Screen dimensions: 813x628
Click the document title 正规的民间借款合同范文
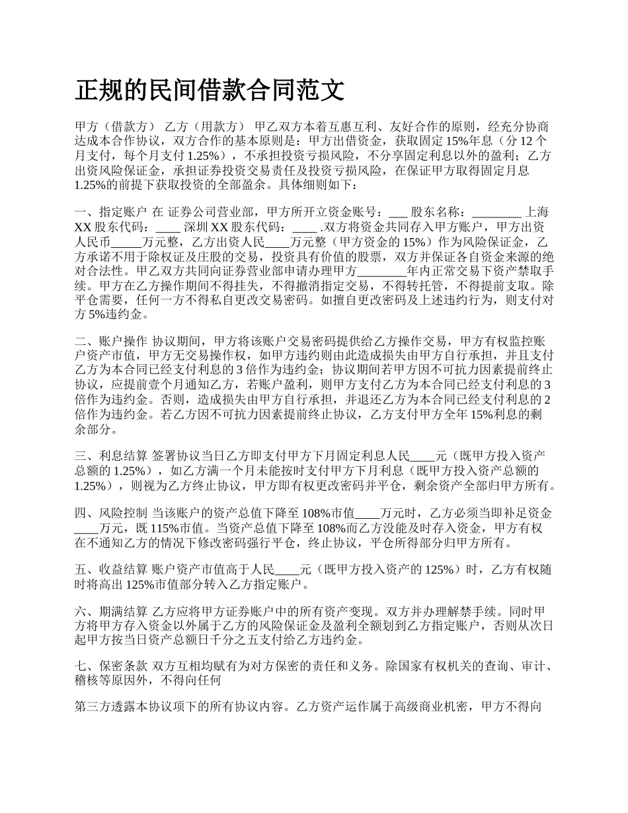(210, 91)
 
